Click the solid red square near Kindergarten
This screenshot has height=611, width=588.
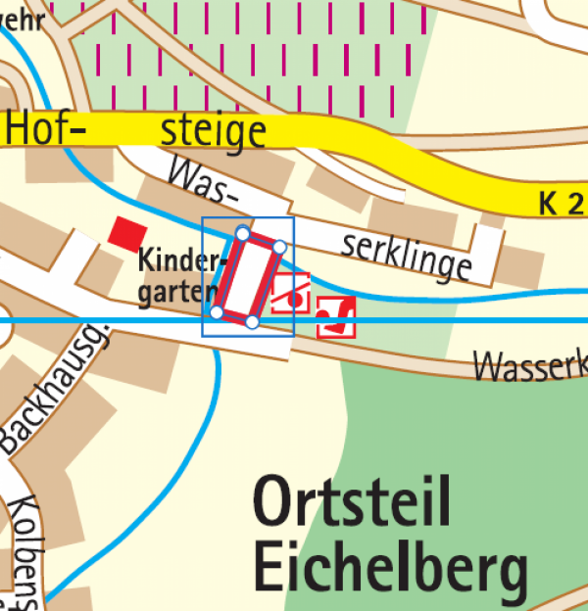(126, 233)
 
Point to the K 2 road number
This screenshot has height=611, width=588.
(562, 204)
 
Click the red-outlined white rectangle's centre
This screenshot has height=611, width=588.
(248, 277)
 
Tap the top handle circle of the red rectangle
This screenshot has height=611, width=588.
(242, 233)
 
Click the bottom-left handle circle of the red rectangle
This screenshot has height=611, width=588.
(217, 312)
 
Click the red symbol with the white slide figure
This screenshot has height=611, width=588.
(335, 316)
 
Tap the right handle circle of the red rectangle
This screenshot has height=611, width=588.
(279, 247)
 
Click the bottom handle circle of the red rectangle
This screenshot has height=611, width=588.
(252, 321)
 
